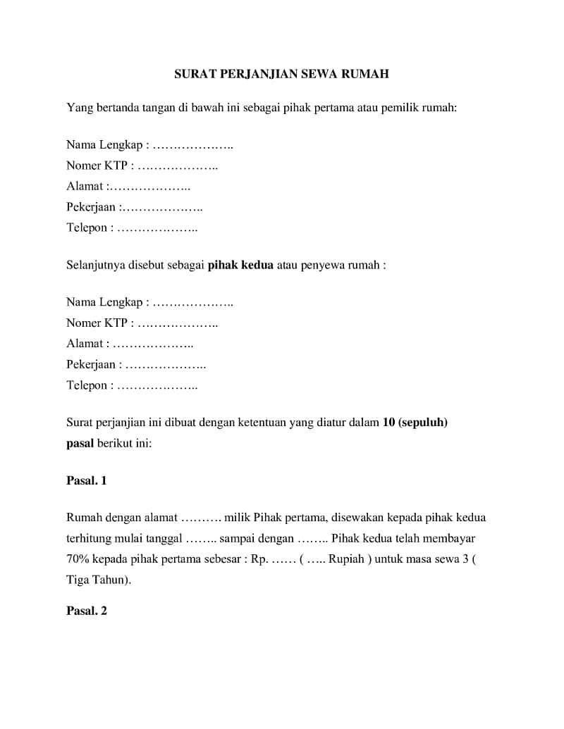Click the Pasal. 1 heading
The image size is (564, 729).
86,480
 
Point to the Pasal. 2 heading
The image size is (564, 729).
86,611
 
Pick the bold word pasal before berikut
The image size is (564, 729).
80,444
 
